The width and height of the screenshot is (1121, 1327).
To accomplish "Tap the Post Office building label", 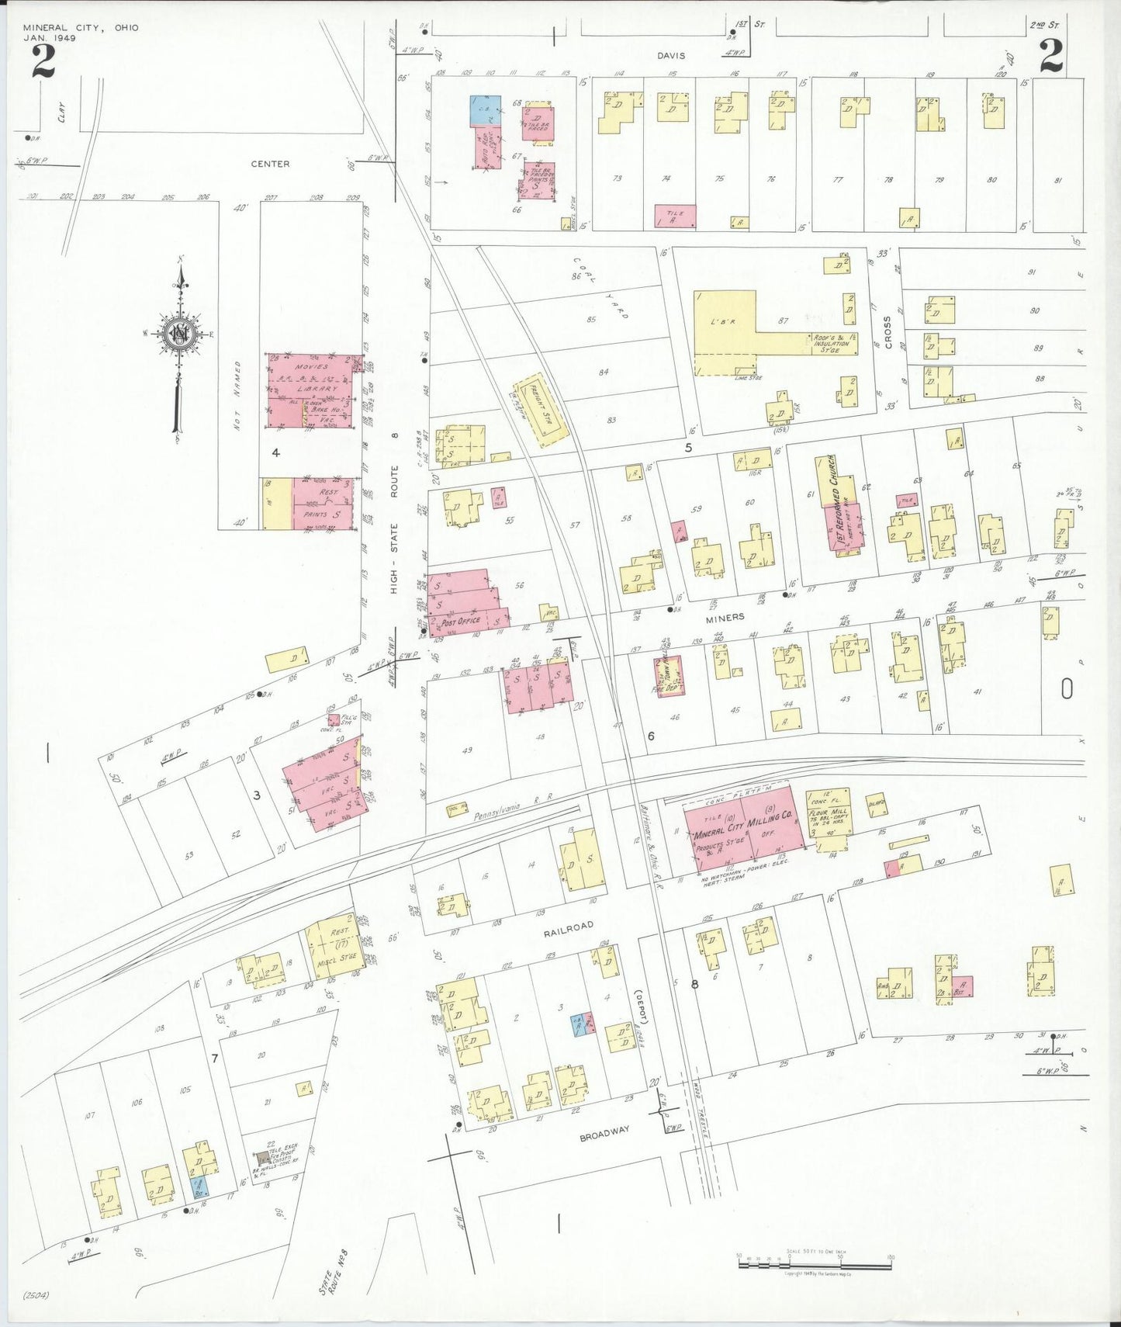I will tap(460, 622).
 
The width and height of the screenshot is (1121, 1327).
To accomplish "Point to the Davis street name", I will tap(671, 56).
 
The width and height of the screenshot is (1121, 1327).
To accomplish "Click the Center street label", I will tap(270, 164).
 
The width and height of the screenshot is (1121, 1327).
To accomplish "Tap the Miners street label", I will tap(725, 617).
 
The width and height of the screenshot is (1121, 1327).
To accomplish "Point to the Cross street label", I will tap(887, 331).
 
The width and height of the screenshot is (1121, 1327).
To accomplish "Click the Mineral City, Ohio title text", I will tap(81, 28).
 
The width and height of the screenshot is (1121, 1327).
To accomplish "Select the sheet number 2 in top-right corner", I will tap(1050, 56).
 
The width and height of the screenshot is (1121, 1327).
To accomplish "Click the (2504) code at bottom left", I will tap(37, 1294).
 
